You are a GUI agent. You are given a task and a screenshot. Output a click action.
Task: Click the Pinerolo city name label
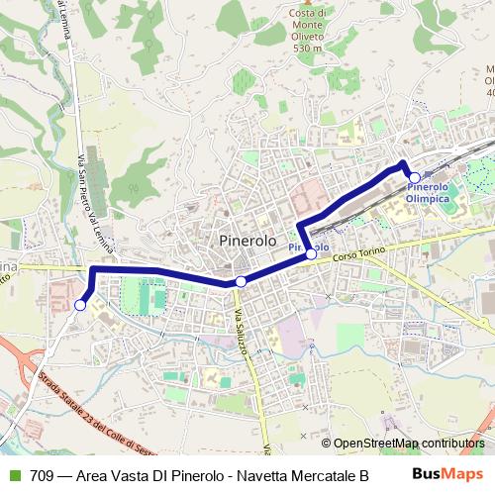tap(246, 241)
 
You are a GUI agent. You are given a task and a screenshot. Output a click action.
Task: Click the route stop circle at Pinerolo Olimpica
tap(414, 177)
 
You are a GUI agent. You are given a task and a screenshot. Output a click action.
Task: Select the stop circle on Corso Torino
tap(311, 254)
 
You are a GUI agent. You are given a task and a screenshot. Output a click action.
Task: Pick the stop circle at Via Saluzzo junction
tap(241, 282)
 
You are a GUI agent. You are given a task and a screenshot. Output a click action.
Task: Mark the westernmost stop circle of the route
tap(78, 306)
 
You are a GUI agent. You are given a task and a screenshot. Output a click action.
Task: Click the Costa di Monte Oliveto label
tap(309, 24)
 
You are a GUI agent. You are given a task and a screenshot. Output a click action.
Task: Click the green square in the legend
tap(14, 475)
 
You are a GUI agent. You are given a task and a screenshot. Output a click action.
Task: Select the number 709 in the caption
tap(42, 475)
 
